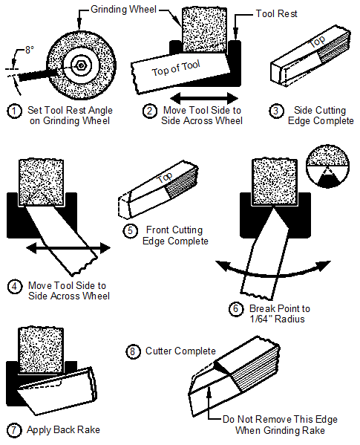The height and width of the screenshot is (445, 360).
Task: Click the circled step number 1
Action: (14, 111)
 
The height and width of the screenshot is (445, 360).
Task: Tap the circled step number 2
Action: (150, 111)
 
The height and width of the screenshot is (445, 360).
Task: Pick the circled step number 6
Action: (236, 308)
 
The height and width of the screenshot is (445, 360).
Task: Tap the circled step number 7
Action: (14, 429)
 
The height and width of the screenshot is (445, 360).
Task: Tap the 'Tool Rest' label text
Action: (278, 13)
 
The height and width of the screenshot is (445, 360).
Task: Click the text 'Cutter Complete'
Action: (180, 351)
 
